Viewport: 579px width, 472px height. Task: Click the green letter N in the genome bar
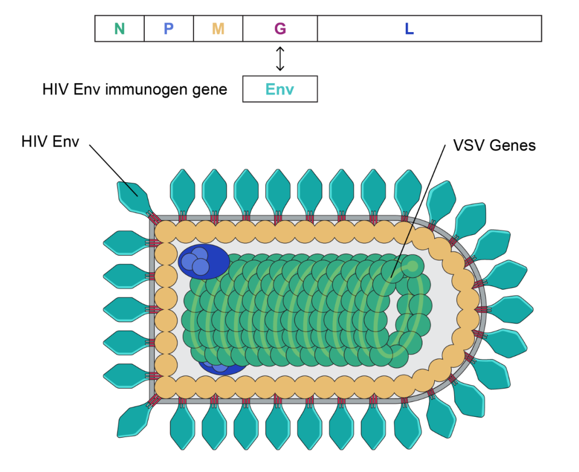pos(120,29)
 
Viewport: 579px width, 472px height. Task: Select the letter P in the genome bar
pos(169,29)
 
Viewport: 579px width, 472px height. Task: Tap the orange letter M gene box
pos(218,29)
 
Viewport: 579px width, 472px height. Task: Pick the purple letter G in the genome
pos(280,29)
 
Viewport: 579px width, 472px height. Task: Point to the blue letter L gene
pos(409,29)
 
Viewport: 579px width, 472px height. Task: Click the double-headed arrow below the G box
pos(280,59)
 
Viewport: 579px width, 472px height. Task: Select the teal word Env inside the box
pos(280,89)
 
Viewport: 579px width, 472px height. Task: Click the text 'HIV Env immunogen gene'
pos(135,89)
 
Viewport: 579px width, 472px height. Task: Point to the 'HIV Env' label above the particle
pos(50,141)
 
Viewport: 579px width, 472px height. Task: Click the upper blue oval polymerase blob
pos(204,262)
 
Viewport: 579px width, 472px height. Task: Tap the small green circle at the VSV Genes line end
pos(413,265)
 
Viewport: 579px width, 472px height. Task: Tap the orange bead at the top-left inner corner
pos(165,231)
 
